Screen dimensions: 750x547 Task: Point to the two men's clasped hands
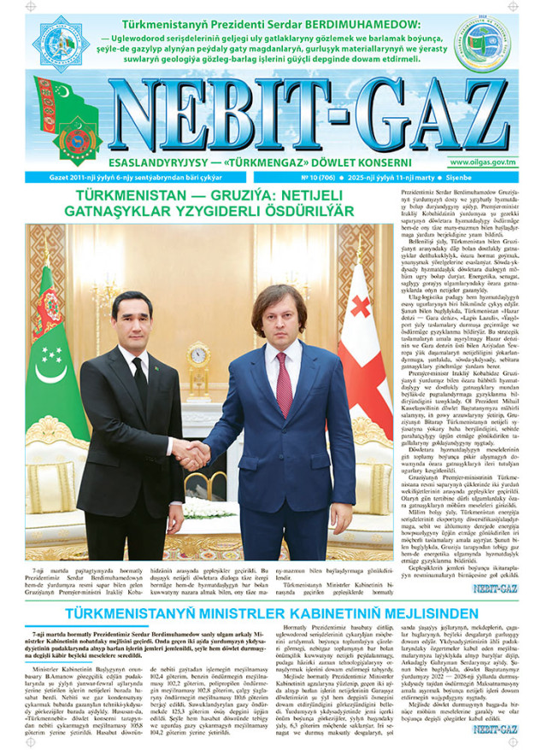(x=196, y=453)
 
